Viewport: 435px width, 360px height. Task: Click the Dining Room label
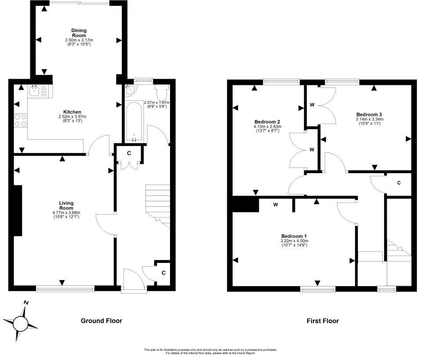(79, 33)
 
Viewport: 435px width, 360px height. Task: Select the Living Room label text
(66, 205)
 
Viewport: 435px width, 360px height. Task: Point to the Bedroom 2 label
(267, 122)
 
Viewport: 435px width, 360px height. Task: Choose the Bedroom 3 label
(369, 114)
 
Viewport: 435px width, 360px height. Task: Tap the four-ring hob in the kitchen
(21, 120)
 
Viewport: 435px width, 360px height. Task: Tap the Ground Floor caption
(101, 321)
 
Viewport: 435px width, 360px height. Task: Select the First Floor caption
(323, 321)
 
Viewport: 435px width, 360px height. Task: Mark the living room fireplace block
(18, 211)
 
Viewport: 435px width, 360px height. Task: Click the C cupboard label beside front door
(163, 273)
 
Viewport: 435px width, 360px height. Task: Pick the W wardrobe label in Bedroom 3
(312, 105)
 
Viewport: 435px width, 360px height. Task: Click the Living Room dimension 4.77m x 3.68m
(66, 213)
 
